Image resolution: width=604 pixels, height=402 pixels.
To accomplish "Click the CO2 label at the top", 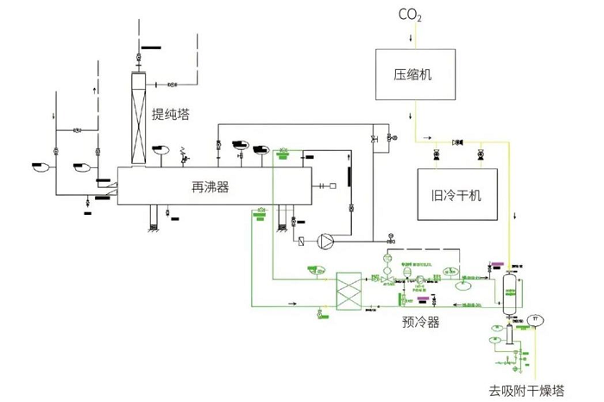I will [x=410, y=15].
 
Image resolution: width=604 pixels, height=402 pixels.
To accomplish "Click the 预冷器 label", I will [x=420, y=323].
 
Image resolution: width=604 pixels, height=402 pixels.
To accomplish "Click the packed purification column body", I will [x=137, y=116].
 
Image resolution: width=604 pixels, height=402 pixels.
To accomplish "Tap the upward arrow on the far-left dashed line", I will [x=94, y=87].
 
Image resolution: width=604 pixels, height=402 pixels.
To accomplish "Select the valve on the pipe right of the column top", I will [x=172, y=84].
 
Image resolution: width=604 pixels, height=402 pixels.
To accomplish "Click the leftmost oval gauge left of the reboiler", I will [x=40, y=165].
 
